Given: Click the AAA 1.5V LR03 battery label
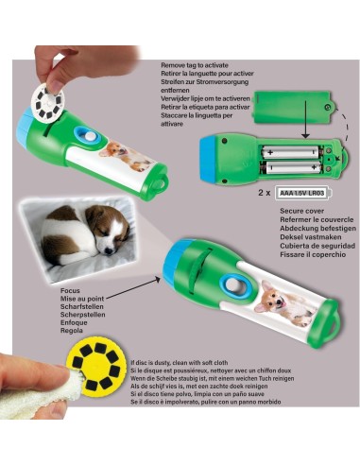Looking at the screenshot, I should point(302,191).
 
